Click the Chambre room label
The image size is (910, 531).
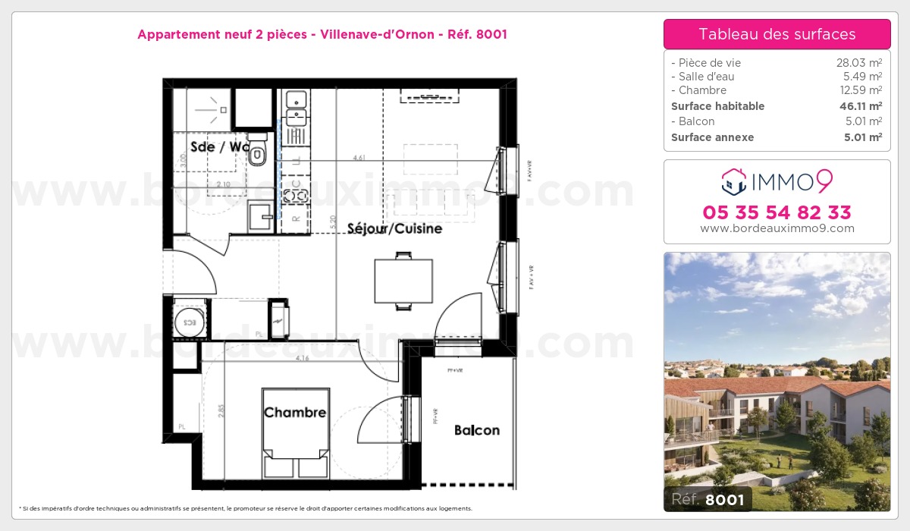(x=295, y=413)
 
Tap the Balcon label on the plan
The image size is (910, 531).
(x=477, y=430)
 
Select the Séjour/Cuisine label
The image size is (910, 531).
(x=394, y=228)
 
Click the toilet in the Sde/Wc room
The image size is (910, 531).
(x=258, y=152)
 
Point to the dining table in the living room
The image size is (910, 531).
(x=403, y=281)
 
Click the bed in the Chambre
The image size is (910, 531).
(x=296, y=432)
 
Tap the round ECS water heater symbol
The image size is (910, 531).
(x=186, y=322)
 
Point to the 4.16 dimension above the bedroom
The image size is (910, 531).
(x=303, y=358)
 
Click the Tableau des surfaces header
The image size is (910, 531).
(x=777, y=34)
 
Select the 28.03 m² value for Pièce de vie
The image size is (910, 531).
(x=858, y=63)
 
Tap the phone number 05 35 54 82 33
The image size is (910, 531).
(x=777, y=212)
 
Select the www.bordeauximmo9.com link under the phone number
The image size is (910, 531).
(x=777, y=228)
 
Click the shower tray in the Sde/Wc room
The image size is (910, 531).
(x=202, y=110)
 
